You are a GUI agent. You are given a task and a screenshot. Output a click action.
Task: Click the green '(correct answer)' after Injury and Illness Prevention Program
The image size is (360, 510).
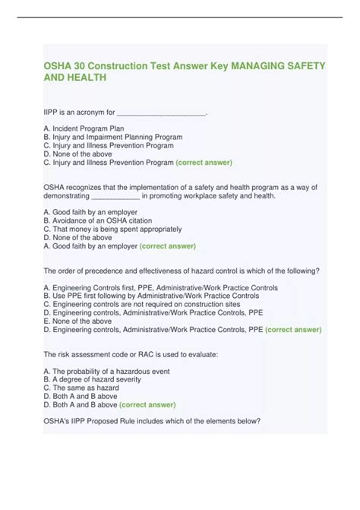tap(204, 162)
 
